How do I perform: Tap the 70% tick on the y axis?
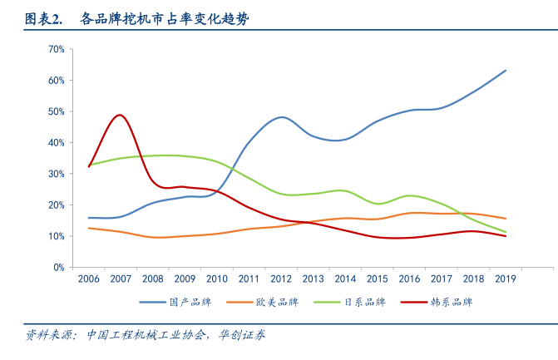pos(57,49)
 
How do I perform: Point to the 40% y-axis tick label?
pos(57,143)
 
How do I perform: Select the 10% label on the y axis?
pos(57,237)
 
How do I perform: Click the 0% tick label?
pos(59,268)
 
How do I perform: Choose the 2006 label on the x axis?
pos(89,279)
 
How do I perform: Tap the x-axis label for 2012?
pos(281,279)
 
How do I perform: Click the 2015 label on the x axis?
pos(378,279)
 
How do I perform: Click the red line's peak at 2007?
pos(121,115)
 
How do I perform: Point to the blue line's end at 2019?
pos(506,71)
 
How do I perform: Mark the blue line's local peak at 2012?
pos(282,117)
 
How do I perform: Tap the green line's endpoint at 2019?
pos(506,232)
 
